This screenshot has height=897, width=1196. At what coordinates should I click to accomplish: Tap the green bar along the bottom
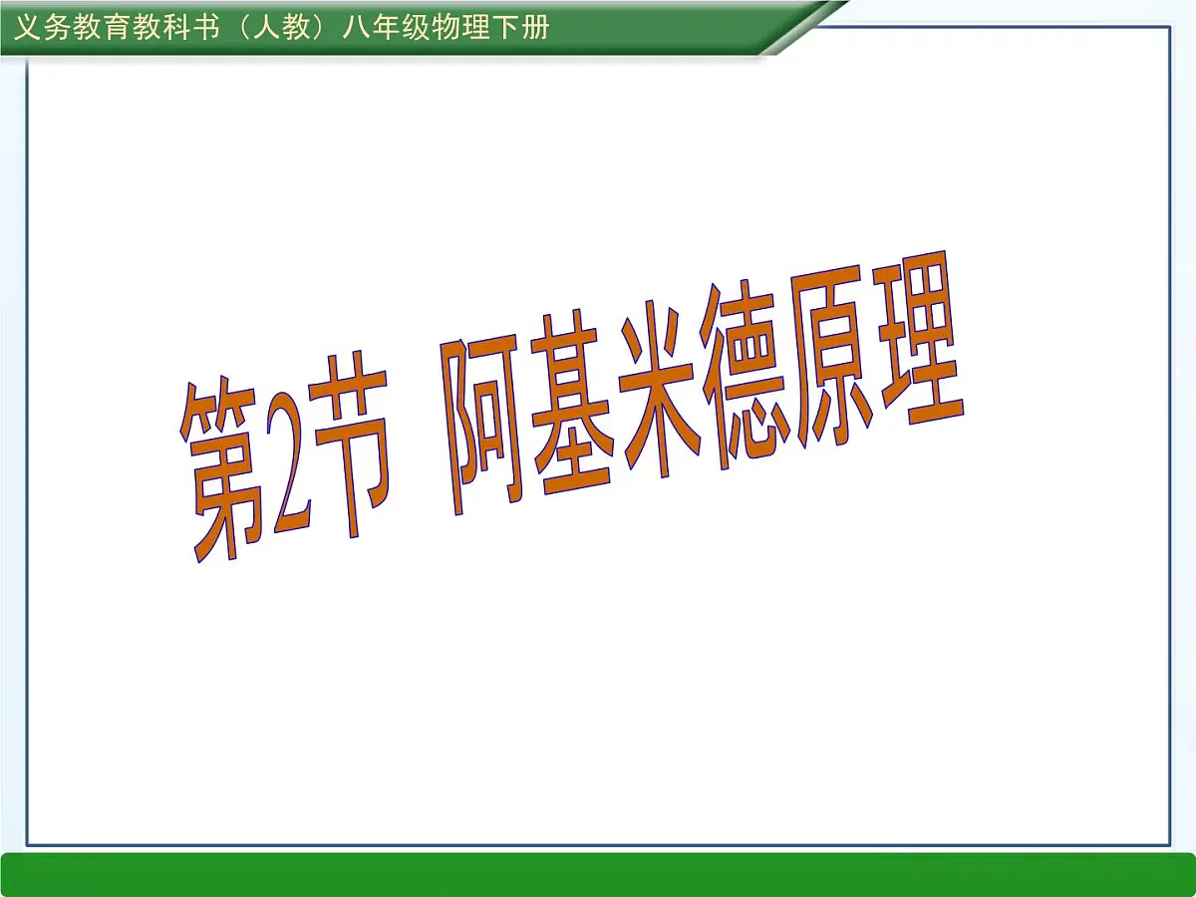point(598,874)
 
